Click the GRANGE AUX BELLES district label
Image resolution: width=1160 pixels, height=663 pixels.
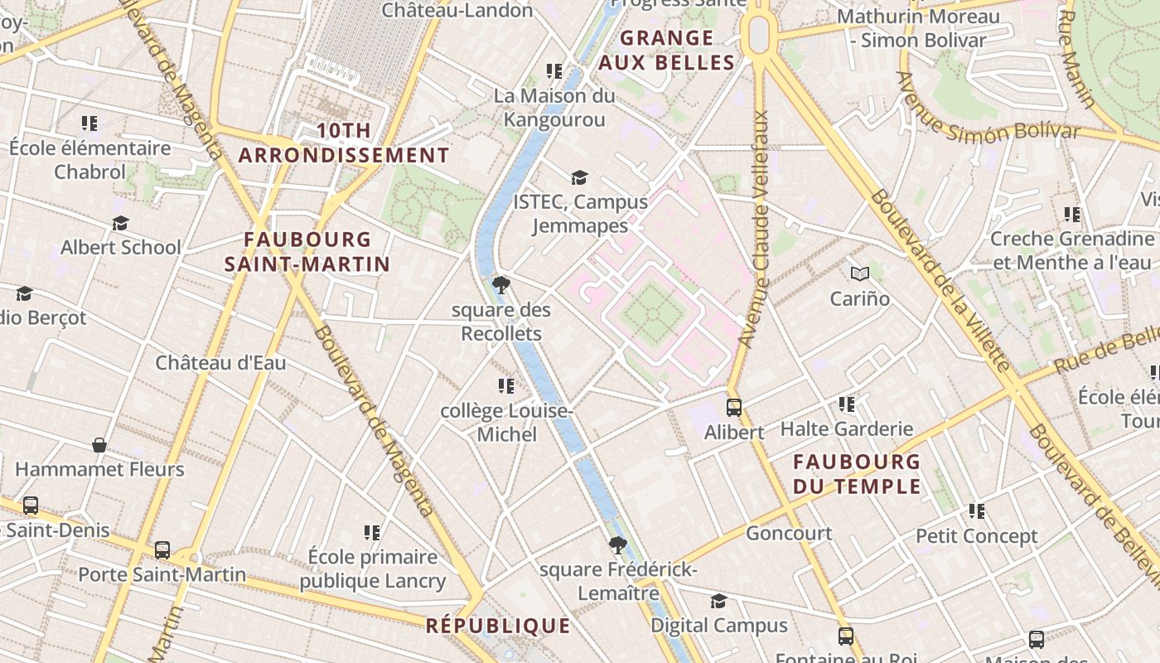point(666,50)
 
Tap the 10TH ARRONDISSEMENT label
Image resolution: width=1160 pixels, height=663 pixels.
point(344,143)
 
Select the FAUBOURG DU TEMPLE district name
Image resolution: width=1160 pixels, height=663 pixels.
point(857,473)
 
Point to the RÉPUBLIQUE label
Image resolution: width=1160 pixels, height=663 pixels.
point(498,626)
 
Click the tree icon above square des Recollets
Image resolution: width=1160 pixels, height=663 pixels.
point(500,285)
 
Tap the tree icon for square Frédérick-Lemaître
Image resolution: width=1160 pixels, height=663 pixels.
point(617,545)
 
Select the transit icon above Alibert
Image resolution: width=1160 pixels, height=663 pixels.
point(734,407)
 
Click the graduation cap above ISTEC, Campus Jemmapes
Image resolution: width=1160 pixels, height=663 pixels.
point(579,177)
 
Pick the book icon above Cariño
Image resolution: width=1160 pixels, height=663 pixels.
point(860,273)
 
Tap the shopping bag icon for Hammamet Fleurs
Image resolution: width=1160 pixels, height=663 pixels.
point(99,445)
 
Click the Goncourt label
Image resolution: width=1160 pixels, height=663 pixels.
point(789,533)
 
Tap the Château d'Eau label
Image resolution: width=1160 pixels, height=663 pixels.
point(220,362)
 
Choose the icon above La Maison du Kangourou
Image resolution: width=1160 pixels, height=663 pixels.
point(554,71)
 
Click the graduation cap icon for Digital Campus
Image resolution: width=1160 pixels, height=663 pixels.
point(718,601)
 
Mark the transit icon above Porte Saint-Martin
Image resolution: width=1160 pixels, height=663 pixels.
point(162,549)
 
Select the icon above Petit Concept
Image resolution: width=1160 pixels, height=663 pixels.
point(977,511)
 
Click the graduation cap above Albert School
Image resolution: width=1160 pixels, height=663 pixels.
point(121,224)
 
